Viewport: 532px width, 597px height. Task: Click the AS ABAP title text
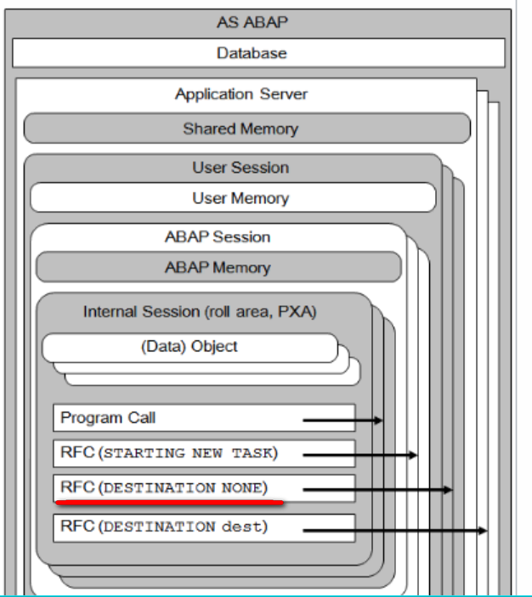[252, 22]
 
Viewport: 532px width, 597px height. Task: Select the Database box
[258, 53]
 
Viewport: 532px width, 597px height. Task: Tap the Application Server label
[241, 94]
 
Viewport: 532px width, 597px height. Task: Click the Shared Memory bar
[247, 128]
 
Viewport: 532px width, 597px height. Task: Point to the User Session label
[241, 168]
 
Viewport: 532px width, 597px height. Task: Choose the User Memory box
[233, 197]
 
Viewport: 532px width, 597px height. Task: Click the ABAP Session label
[218, 236]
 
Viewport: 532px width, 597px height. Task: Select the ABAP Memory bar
[218, 267]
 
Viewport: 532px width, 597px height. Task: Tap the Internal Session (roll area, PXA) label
[200, 312]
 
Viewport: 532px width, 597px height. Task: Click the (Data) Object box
[190, 348]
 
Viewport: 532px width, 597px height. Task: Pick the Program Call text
[108, 418]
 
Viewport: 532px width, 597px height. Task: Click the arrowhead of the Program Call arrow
[378, 420]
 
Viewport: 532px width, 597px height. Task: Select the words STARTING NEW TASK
[189, 453]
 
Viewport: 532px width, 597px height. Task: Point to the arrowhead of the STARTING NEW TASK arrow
[413, 455]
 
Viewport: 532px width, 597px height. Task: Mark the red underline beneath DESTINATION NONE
[170, 503]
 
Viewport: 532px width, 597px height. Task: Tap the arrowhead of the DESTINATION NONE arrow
[448, 490]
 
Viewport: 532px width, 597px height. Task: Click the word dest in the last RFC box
[242, 527]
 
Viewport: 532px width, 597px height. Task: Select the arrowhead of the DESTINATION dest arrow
[483, 530]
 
